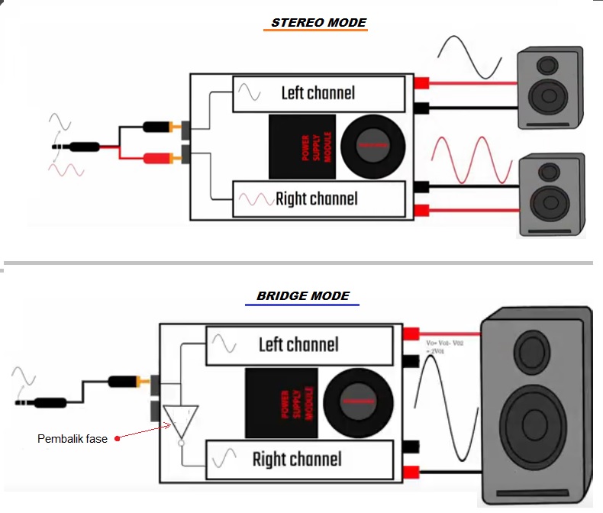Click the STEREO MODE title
click(318, 23)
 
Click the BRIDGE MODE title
click(303, 295)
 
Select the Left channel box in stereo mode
click(318, 93)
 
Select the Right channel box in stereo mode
click(318, 199)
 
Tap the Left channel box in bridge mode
click(299, 344)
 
